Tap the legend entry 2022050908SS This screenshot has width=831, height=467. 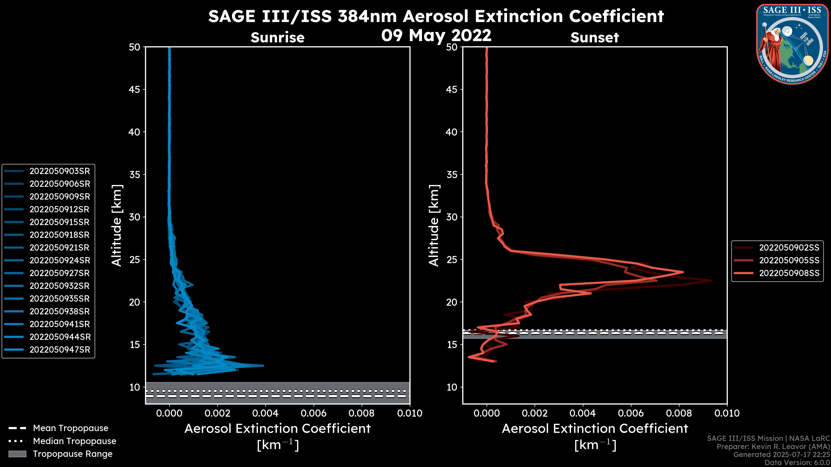tap(789, 273)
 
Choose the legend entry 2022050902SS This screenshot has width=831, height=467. tap(789, 248)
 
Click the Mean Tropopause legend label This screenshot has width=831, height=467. tap(71, 428)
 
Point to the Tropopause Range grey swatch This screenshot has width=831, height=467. tap(17, 454)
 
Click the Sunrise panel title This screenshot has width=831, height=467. tap(277, 37)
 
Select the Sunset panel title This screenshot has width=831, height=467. tap(594, 37)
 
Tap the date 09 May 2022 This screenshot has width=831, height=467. tap(436, 35)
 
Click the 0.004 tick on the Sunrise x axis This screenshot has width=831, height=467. tap(265, 413)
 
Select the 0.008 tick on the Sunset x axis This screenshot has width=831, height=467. tap(679, 413)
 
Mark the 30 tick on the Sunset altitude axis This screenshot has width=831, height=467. tap(452, 217)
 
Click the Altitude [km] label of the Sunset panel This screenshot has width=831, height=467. tap(434, 225)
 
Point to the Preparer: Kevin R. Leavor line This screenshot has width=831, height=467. tap(773, 447)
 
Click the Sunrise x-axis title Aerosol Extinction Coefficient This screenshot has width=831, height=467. tap(277, 429)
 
